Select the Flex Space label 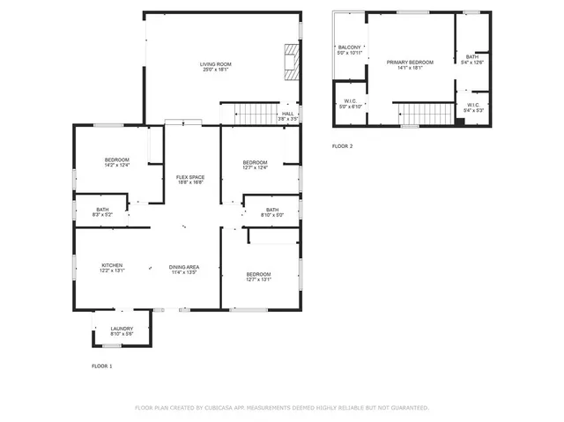[189, 180]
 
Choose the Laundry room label [122, 331]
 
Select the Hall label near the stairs [287, 115]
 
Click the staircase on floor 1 [253, 114]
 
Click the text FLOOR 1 [102, 365]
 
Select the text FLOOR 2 [342, 145]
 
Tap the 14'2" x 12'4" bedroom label [117, 162]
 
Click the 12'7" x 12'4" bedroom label [255, 165]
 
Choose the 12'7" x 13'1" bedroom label [258, 277]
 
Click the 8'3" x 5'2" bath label [102, 211]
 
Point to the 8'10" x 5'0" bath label [271, 211]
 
